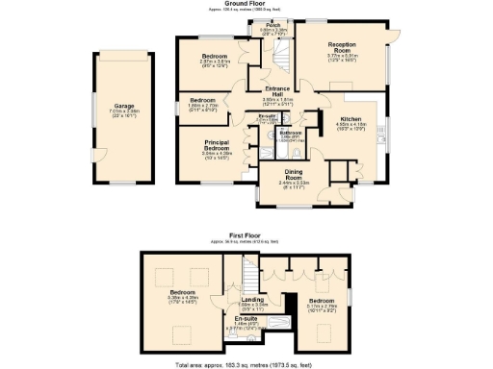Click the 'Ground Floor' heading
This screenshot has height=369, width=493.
click(x=246, y=4)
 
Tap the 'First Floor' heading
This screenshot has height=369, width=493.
click(x=247, y=234)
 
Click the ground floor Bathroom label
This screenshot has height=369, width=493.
click(x=291, y=133)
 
